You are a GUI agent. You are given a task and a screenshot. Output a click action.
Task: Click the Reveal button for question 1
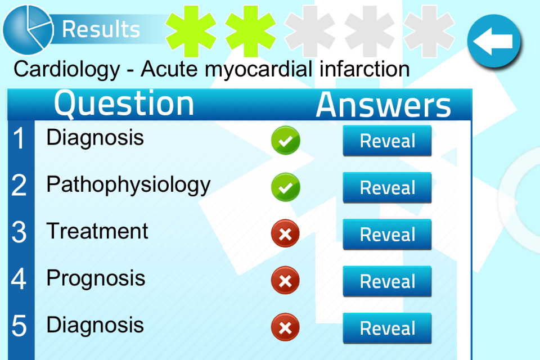coord(387,141)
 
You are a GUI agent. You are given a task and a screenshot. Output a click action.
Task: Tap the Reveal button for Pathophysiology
coord(387,187)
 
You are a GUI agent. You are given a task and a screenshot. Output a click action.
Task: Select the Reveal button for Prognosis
coord(387,281)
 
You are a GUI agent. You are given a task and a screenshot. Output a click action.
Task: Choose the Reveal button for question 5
coord(387,328)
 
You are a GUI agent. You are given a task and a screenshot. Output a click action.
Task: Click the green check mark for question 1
coord(286,140)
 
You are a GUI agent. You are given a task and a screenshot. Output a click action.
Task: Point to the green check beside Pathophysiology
coord(286,187)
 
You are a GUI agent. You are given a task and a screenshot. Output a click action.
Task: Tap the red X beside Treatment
coord(285,233)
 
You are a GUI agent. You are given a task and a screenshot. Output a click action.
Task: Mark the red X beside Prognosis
coord(285,281)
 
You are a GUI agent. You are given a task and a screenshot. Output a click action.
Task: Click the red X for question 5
coord(285,327)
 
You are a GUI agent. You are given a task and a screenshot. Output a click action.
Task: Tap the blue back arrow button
coord(494,41)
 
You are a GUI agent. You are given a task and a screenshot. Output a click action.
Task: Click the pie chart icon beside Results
coord(28,30)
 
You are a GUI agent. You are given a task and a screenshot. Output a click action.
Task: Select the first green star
coord(191,31)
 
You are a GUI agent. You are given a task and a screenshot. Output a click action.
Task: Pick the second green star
coord(250,31)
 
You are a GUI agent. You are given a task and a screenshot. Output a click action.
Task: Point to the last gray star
coord(429,31)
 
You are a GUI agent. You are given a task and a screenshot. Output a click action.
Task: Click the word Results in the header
coord(101,29)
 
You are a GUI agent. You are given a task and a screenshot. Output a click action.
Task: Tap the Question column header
coord(124,103)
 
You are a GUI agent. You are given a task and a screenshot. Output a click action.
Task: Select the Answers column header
coord(384,105)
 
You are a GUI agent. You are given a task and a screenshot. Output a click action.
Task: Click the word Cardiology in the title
coord(67,69)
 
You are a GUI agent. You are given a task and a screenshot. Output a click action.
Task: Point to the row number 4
coord(19,278)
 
